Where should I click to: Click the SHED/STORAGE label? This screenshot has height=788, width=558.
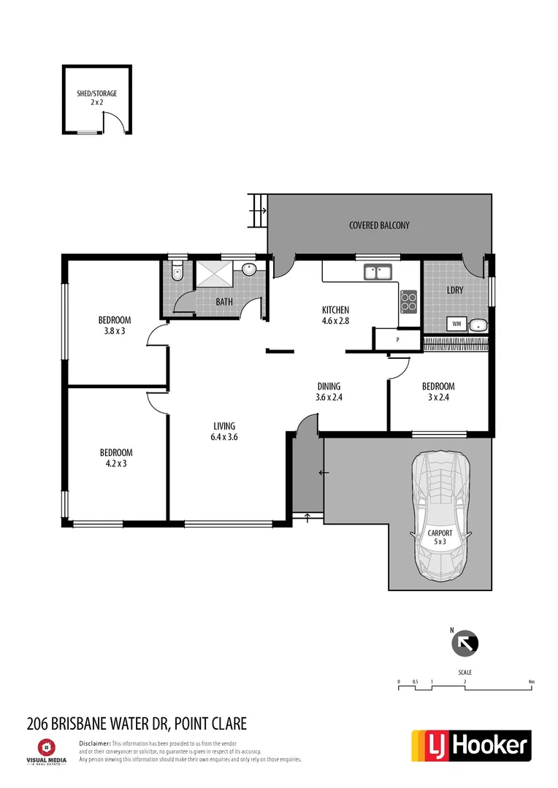click(96, 98)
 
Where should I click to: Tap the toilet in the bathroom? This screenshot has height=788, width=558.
click(175, 273)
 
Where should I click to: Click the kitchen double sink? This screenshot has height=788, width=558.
click(379, 272)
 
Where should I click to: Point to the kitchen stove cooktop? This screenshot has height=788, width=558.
click(408, 300)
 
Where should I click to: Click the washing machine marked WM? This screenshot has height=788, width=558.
click(456, 323)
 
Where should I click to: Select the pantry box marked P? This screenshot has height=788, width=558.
click(397, 340)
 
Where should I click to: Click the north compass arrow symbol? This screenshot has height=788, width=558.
click(465, 643)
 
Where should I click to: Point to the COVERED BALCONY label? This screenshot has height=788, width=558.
click(379, 225)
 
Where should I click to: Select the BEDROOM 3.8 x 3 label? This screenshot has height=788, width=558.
click(115, 325)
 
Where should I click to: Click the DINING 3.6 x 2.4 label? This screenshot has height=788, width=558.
click(329, 392)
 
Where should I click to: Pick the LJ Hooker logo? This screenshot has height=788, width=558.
click(470, 746)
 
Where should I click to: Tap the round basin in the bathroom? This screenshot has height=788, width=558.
click(248, 269)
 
